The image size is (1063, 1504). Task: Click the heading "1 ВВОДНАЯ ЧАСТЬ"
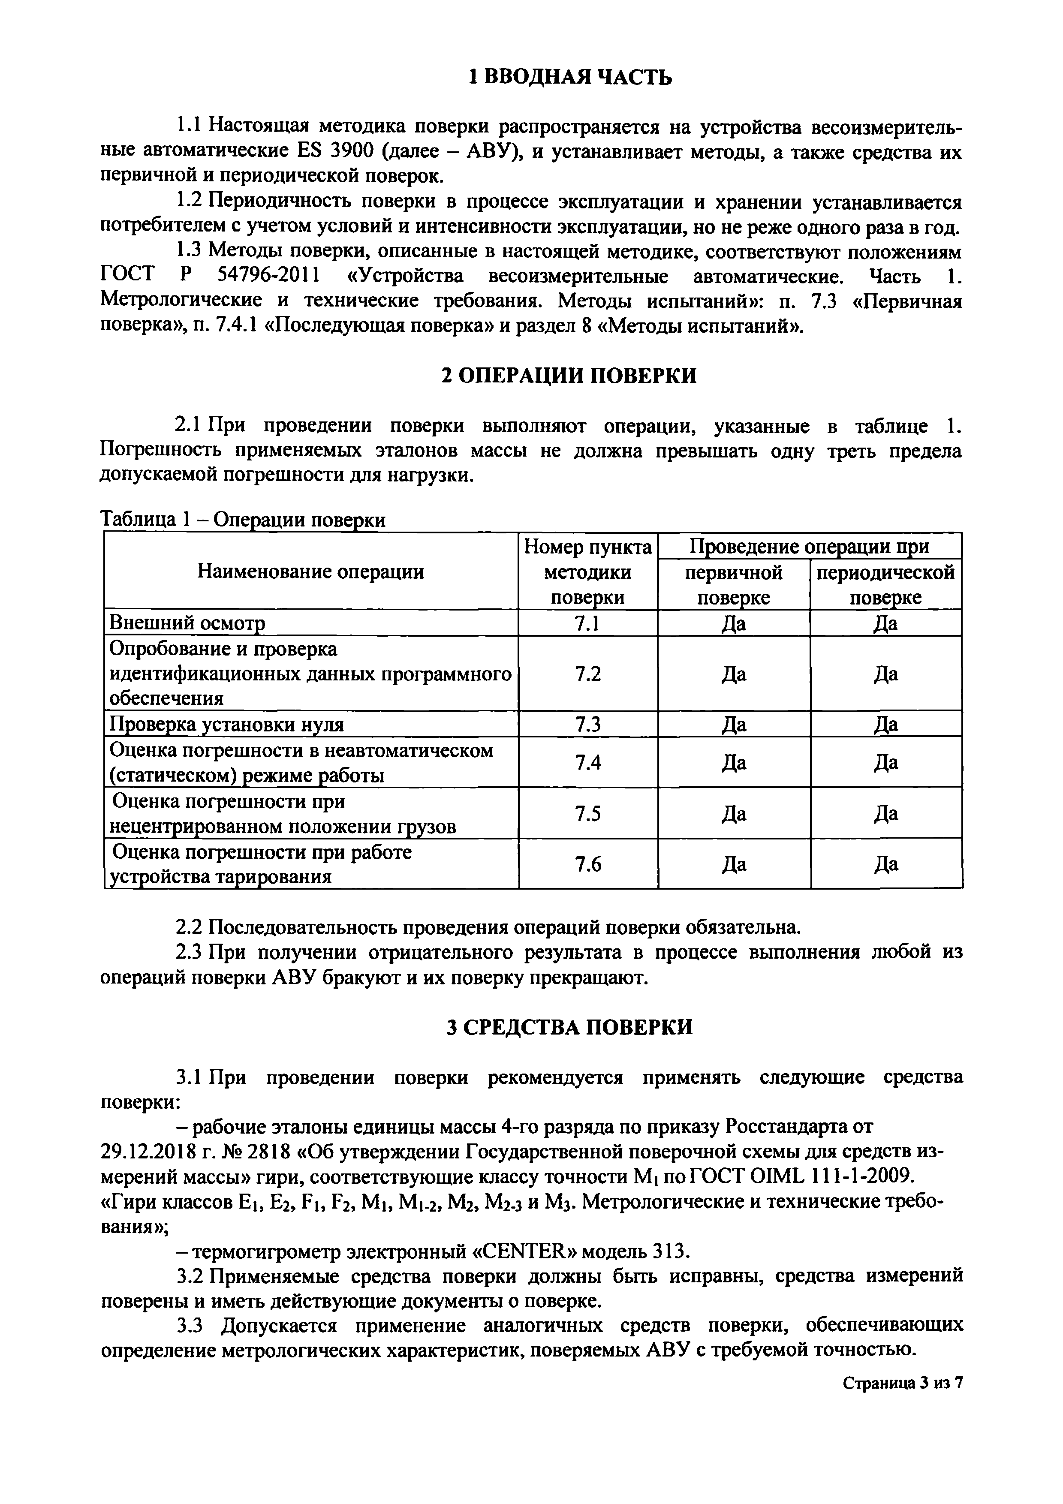(570, 77)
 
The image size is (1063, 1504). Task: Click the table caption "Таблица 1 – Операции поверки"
(242, 520)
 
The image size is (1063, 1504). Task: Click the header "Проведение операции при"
(810, 546)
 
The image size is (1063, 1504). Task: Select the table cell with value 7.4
(587, 762)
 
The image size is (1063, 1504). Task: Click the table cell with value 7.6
(587, 865)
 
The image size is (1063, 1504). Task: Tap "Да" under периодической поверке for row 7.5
(885, 814)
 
